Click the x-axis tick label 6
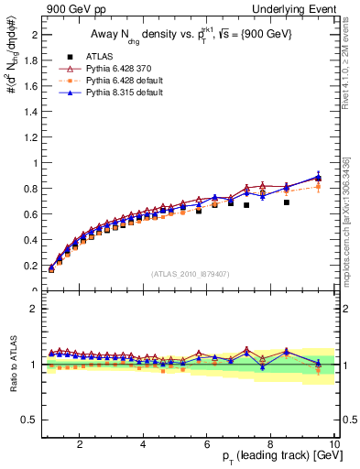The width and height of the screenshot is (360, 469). pos(207,443)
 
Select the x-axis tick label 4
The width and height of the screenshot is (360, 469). pos(144,443)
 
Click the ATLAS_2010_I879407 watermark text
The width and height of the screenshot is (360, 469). pos(190,272)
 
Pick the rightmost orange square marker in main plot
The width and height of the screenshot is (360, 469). pos(318,187)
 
